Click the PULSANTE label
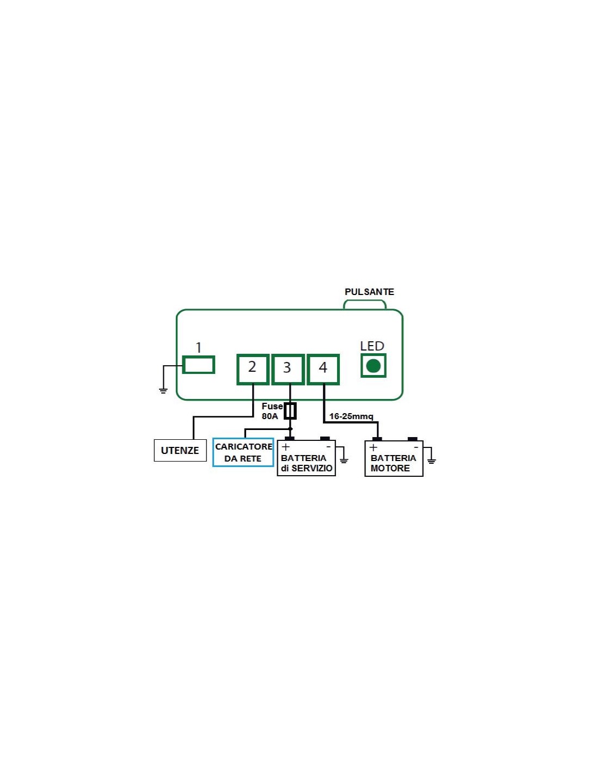coord(369,292)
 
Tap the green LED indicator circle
coord(374,366)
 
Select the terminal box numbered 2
coord(253,369)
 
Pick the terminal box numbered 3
coord(288,369)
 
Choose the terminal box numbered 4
coord(323,369)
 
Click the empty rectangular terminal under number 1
coord(199,365)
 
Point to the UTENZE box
coord(180,450)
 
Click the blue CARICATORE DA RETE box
coord(243,452)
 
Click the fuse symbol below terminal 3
coord(290,411)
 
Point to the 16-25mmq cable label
coord(351,416)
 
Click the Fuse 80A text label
coord(271,411)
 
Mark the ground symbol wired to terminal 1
coord(163,390)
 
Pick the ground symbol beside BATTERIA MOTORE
coord(431,460)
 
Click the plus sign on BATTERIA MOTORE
coord(374,447)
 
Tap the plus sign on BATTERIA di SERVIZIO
coord(286,447)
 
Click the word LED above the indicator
coord(372,346)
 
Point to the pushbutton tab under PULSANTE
coord(365,304)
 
